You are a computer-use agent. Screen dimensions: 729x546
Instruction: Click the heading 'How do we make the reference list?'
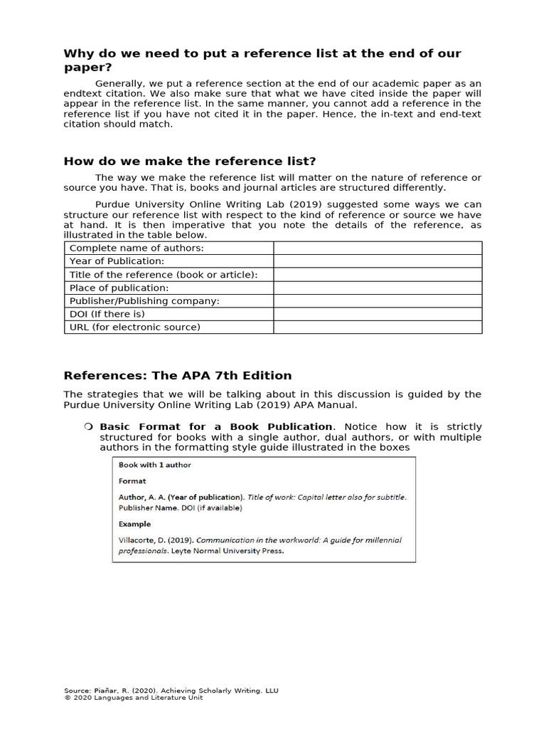point(190,161)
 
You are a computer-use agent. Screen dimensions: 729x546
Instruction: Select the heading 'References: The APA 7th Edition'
point(178,375)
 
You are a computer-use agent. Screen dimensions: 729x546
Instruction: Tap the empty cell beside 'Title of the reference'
point(378,274)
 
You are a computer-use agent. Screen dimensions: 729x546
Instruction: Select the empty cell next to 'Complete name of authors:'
point(378,248)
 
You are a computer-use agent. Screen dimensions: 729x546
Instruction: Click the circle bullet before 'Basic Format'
point(88,426)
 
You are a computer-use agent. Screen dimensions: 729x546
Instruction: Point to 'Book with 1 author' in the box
point(154,465)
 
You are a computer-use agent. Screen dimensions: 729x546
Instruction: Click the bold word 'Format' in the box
point(132,481)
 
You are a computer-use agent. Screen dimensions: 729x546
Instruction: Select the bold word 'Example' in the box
point(134,524)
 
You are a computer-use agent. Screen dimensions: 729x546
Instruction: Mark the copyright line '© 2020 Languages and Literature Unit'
point(133,698)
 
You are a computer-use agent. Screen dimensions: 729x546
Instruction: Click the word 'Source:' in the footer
point(77,691)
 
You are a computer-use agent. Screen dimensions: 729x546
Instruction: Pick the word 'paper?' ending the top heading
point(89,68)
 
